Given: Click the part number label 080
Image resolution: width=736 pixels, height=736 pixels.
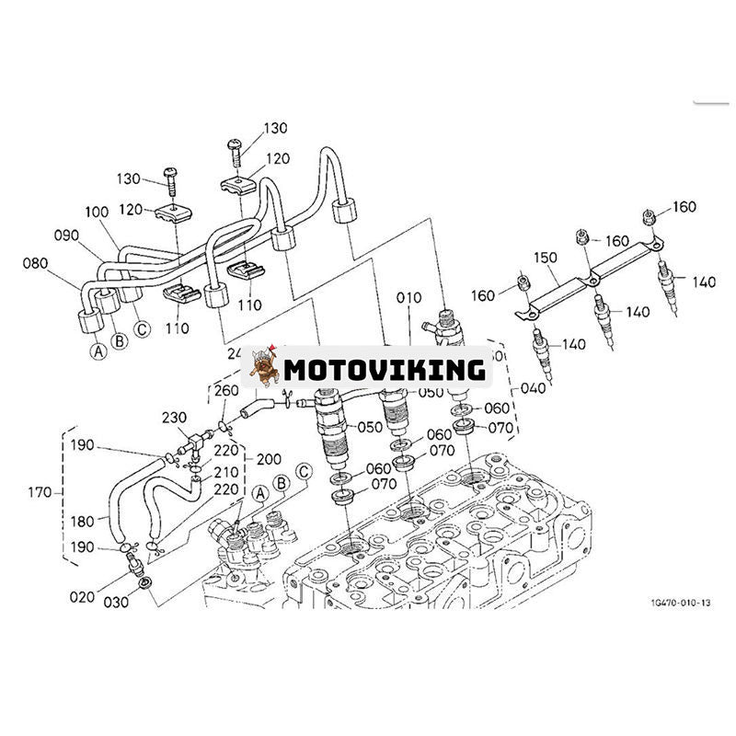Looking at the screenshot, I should point(36,263).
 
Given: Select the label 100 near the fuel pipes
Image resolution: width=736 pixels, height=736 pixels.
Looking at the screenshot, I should point(98,212).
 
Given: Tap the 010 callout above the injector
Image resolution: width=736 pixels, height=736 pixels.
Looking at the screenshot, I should point(408,297).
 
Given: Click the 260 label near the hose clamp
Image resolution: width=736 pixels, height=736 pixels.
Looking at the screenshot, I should point(226,390).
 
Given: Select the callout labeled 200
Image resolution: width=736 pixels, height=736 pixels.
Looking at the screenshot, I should point(269,457).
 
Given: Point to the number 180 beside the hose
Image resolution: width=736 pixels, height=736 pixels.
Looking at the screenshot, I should point(82,522).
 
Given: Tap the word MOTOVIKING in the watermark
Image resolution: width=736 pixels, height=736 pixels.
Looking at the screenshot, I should point(384,369).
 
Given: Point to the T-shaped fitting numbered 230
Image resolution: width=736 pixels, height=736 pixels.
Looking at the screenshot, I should point(195,445).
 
